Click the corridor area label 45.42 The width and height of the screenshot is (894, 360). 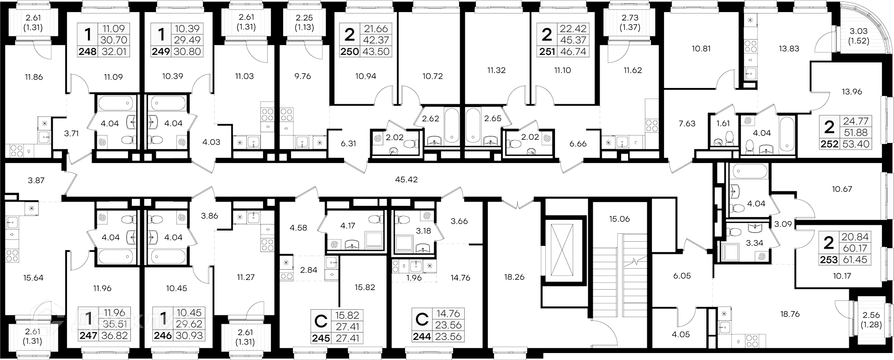point(406,179)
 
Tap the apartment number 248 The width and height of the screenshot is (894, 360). point(88,52)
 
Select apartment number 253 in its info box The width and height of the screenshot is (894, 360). point(829,259)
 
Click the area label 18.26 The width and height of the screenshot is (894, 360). point(514,277)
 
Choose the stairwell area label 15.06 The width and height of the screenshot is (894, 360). point(619,219)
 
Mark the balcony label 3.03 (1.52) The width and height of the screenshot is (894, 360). point(858,35)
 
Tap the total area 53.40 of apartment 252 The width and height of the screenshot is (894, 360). point(856,144)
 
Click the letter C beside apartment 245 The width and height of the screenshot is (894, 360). point(321,321)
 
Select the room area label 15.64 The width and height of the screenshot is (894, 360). point(33,278)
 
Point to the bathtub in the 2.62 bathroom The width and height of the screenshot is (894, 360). point(451,125)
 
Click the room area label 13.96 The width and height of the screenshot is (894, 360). point(852,92)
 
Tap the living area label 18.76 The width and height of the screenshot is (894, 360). point(790,314)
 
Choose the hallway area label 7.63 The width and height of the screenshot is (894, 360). point(687,123)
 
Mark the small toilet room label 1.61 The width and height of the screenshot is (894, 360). point(723,123)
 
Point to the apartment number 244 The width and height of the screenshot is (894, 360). point(422,338)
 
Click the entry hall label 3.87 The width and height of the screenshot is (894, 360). point(36,180)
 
